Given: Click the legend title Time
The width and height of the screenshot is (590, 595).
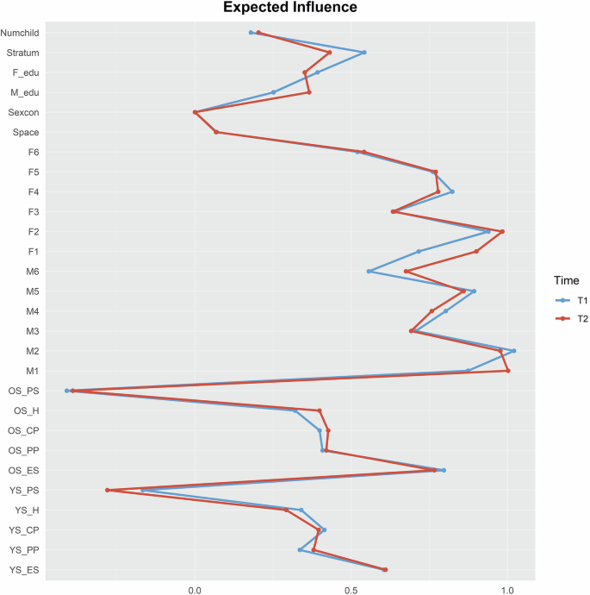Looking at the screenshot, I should pos(566,280).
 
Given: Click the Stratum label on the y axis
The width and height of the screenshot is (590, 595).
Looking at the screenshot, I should pos(22,53).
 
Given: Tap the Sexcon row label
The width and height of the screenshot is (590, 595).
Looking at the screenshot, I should pos(22,112).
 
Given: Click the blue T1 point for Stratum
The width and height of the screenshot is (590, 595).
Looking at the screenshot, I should pos(364,53).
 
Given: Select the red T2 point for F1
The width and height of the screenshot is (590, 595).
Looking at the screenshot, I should pos(476,252).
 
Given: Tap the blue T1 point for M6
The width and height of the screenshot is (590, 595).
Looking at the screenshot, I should pos(369,272).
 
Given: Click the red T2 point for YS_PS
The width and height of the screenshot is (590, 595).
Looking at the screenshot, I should pos(108,490).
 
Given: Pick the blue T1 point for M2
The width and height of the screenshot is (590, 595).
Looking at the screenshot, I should pos(514,351).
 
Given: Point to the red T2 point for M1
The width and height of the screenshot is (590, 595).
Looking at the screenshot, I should pos(508,371).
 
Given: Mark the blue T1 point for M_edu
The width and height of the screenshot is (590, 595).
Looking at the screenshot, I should pos(274,92).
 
